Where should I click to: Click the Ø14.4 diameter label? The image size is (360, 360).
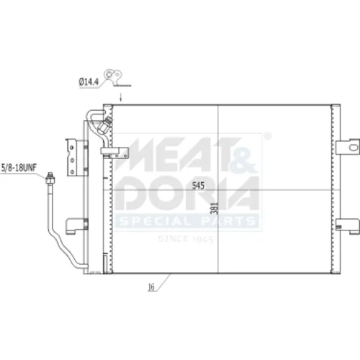click(x=89, y=82)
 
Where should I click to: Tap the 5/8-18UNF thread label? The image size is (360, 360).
click(x=19, y=168)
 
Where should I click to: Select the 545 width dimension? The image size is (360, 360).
click(x=198, y=185)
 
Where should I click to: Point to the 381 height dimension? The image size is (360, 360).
click(x=214, y=208)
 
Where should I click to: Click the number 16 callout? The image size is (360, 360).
click(x=151, y=287)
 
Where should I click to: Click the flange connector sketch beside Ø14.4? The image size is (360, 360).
click(x=114, y=77)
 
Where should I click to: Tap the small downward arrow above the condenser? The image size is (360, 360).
click(x=121, y=97)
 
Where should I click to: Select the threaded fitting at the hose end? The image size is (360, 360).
click(x=50, y=178)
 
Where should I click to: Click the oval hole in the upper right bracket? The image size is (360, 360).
click(x=354, y=147)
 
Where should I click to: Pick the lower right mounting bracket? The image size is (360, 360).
click(x=348, y=226)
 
